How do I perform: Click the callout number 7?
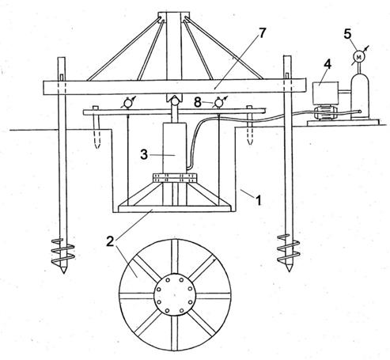coord(261,33)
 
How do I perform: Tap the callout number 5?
coord(347,34)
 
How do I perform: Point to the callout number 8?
coord(198,102)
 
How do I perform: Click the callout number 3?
coord(144,154)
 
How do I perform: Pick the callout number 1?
coord(259,200)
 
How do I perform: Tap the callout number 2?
coord(111,241)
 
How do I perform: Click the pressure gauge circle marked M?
coord(358,56)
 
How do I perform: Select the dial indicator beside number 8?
coord(218,102)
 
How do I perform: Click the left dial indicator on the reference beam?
coord(128,103)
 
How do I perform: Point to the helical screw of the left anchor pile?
coord(62,251)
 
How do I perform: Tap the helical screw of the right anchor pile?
coord(289,248)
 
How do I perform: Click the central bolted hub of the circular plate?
coord(174,295)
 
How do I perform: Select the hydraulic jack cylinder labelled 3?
coord(175,148)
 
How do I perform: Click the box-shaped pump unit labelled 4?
coord(325,93)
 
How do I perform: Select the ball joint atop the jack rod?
coord(174,100)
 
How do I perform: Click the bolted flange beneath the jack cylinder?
coord(175,178)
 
